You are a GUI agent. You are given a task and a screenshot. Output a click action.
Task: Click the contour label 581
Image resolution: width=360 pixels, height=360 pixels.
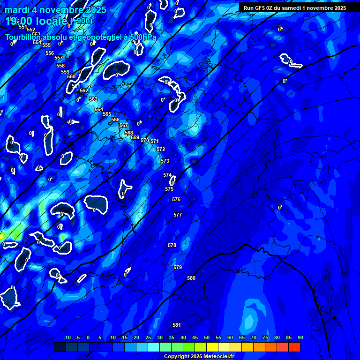(x=177, y=325)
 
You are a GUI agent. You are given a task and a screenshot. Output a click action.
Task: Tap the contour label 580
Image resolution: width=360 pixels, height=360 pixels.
(x=191, y=278)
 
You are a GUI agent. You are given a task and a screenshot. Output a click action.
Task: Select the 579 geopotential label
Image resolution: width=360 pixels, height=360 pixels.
(x=178, y=267)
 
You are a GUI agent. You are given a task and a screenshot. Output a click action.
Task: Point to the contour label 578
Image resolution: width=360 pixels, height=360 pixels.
(x=172, y=245)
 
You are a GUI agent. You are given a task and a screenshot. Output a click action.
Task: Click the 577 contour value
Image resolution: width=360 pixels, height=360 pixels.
(x=178, y=215)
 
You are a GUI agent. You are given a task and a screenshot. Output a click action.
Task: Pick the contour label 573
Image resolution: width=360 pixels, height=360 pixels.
(x=165, y=161)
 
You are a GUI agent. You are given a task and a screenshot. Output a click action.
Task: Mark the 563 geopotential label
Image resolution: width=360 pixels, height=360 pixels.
(x=93, y=99)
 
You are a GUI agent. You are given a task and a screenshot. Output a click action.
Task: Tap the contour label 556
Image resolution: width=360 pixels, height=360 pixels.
(x=50, y=53)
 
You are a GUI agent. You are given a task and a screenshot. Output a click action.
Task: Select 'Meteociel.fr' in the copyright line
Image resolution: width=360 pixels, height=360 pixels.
(x=217, y=357)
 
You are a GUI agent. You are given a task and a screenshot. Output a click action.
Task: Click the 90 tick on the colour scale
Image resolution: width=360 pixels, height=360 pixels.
(x=300, y=337)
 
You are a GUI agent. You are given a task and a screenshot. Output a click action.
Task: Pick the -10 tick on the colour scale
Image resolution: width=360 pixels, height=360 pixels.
(x=67, y=337)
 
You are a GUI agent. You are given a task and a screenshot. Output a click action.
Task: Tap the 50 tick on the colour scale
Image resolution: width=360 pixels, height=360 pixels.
(x=207, y=337)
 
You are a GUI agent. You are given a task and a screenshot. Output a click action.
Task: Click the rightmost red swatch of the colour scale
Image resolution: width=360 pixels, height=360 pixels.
(x=294, y=347)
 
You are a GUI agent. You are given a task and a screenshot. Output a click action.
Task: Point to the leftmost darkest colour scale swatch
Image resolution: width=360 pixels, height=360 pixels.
(x=60, y=347)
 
